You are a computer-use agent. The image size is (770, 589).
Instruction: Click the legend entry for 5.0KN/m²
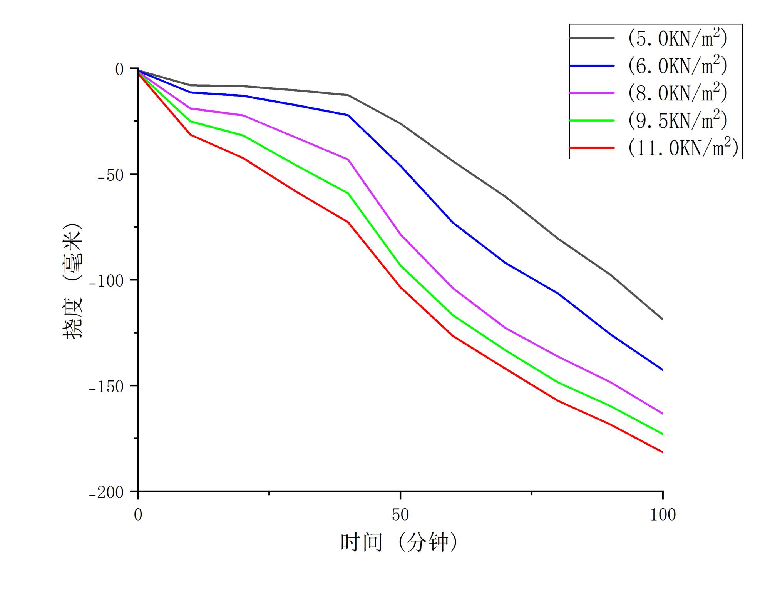coord(678,38)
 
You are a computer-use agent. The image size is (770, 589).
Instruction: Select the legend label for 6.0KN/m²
coord(678,66)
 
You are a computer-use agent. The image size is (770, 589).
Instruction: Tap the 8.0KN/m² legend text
coord(678,93)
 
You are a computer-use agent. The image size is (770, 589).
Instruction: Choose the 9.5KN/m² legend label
coord(678,120)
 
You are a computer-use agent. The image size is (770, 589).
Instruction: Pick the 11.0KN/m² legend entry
coord(683,148)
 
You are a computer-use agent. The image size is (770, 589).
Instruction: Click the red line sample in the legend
coord(592,148)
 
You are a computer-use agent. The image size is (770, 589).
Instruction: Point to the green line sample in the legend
coord(592,120)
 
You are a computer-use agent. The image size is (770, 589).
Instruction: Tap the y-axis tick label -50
coord(110,175)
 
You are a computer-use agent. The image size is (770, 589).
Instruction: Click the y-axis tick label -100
coord(106,281)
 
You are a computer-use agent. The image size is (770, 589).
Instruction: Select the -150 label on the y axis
coord(106,387)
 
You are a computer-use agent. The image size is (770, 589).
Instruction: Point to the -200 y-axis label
coord(106,492)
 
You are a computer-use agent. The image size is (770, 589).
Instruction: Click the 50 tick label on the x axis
coord(400,515)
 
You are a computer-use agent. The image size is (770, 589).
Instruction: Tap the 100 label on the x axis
coord(663,515)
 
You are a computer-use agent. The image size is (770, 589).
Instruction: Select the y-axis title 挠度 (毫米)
coord(72,281)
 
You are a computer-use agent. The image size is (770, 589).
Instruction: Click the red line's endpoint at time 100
coord(662,452)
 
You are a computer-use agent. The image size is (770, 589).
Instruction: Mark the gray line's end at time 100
coord(662,319)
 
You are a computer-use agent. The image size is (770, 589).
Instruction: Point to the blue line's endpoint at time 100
coord(662,370)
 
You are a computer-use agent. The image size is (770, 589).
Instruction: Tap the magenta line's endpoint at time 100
coord(662,414)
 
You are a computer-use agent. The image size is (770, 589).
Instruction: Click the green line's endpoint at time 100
coord(662,434)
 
